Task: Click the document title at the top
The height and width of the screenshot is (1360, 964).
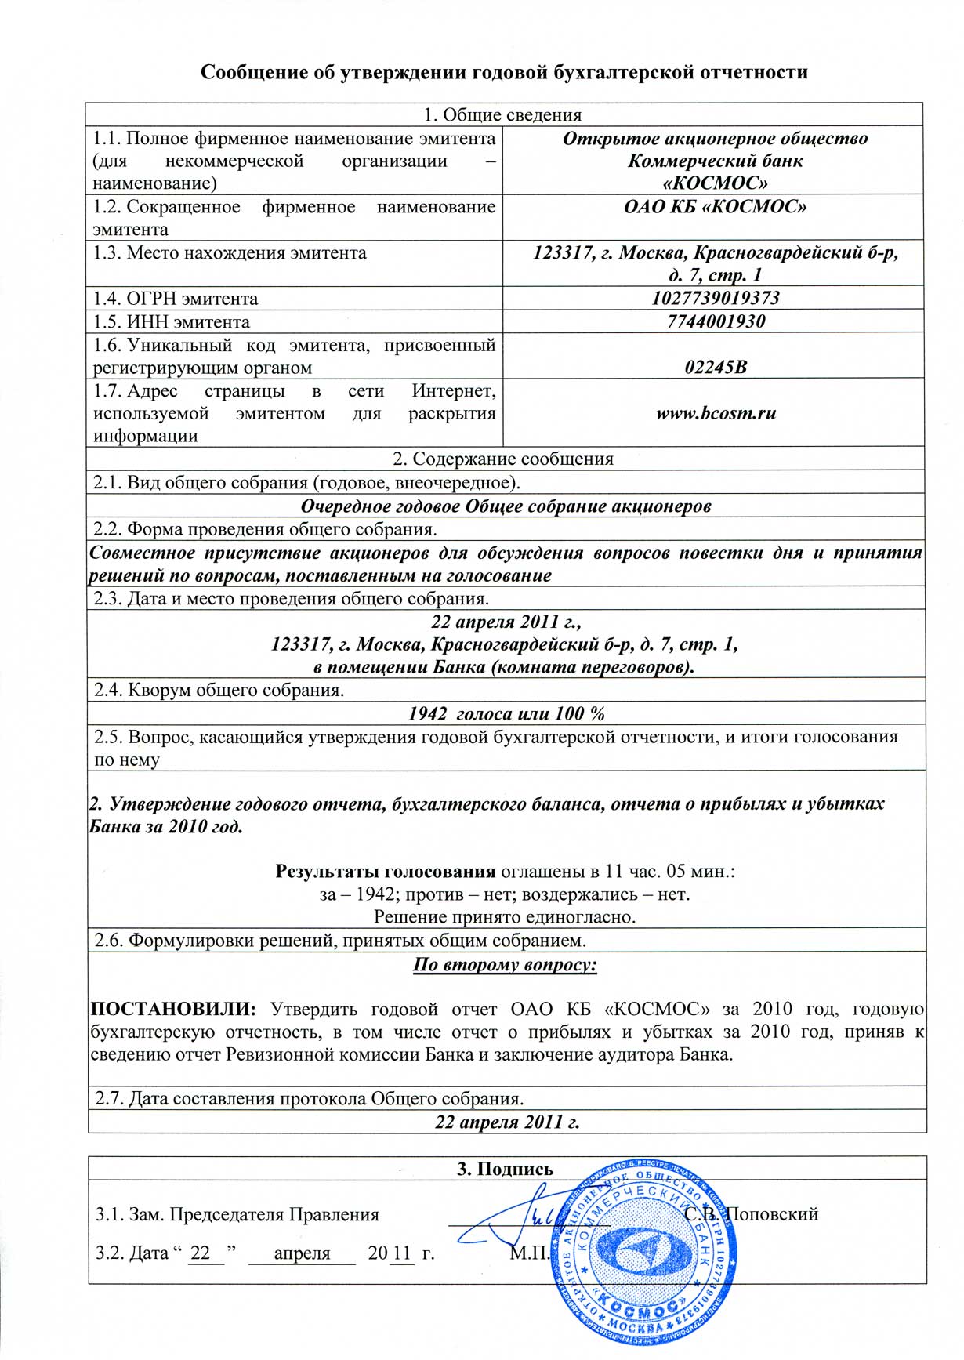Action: coord(504,72)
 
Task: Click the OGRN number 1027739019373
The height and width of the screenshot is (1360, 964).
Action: coord(715,298)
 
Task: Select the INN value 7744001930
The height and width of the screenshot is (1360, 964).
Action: coord(715,321)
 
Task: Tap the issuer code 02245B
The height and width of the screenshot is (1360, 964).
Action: coord(715,367)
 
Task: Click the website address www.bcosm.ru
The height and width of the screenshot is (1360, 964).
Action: coord(716,413)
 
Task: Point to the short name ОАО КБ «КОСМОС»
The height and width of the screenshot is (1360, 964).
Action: coord(715,207)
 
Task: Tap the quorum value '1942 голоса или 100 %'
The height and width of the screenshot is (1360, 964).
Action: coord(506,713)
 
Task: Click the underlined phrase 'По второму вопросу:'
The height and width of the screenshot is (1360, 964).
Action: coord(505,964)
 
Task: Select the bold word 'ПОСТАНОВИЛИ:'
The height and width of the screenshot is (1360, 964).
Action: coord(172,1009)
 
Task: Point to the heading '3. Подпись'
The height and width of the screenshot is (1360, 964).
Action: coord(505,1169)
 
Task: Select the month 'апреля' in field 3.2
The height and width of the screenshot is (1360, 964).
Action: coord(302,1253)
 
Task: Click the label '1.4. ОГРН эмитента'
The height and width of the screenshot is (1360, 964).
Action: coord(176,299)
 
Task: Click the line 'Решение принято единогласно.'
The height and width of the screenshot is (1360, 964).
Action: coord(505,916)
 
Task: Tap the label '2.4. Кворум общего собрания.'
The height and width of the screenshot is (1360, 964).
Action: coord(219,691)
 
